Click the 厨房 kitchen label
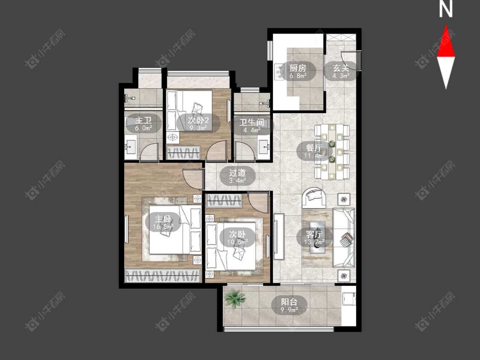pos(297,67)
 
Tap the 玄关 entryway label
pos(341,68)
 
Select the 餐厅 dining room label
pos(314,148)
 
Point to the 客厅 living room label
pos(314,234)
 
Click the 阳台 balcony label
pos(289,302)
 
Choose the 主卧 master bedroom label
pos(163,219)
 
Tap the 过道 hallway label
pos(237,173)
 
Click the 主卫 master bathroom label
pos(143,120)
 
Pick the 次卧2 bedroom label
pos(198,120)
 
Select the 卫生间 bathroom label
pos(252,122)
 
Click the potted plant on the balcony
pos(235,298)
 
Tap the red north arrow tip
pos(446,26)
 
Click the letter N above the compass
pos(446,9)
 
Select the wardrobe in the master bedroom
pos(163,276)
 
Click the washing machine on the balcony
pos(349,299)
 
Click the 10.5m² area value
pos(237,242)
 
